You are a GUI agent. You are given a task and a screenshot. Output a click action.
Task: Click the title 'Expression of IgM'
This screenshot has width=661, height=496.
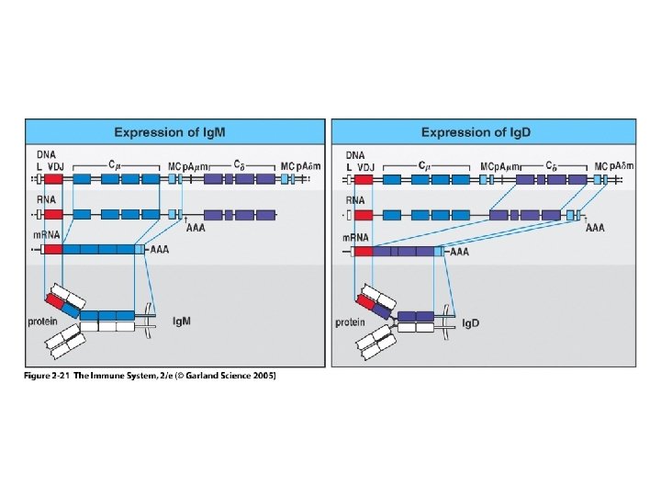point(174,132)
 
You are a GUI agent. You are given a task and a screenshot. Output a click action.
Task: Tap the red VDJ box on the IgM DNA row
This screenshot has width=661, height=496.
point(53,179)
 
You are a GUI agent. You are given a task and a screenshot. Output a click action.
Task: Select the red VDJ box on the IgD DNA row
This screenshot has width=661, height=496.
point(364,179)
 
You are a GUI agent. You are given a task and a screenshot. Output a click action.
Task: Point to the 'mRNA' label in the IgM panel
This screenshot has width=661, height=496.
point(46,236)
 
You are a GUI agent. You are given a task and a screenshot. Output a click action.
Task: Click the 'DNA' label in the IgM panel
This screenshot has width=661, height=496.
point(45,153)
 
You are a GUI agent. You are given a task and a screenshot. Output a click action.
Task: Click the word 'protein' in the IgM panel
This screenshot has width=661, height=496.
point(42,322)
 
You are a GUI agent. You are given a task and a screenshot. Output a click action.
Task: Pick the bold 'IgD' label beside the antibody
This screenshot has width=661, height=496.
point(472,322)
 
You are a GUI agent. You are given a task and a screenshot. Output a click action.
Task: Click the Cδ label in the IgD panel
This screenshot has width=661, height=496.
point(549,165)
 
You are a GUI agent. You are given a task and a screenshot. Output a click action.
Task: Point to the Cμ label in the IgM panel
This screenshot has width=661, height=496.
point(114,165)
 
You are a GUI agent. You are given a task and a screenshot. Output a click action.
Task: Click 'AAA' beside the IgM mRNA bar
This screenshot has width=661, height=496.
point(161,249)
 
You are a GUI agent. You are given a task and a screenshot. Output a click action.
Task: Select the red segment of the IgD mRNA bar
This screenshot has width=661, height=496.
point(362,250)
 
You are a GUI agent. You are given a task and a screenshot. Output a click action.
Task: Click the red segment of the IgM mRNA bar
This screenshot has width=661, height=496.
point(51,249)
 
